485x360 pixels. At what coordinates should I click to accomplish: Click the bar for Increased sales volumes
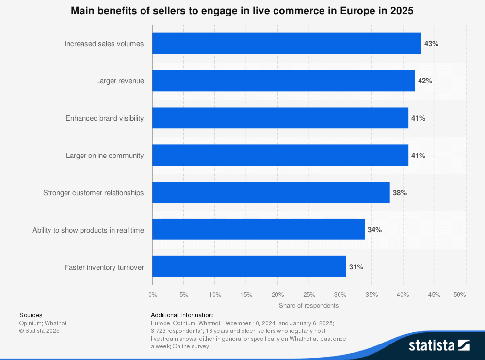tap(287, 44)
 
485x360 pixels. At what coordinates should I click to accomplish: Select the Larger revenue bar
tap(283, 81)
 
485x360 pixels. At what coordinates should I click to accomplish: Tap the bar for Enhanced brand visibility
tap(280, 118)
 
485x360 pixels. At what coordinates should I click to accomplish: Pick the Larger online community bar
tap(280, 156)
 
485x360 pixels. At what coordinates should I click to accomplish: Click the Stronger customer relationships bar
tap(271, 193)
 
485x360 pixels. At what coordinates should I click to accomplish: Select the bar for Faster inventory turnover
tap(249, 267)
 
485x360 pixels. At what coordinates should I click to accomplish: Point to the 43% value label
tap(431, 44)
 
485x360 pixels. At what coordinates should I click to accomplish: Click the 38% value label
tap(400, 193)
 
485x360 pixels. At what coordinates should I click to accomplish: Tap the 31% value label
tap(356, 267)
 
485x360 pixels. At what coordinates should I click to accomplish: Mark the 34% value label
tap(374, 230)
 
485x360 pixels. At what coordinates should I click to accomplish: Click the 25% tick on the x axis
tap(309, 295)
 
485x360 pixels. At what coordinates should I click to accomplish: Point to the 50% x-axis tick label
tap(459, 295)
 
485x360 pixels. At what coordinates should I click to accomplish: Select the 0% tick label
tap(153, 295)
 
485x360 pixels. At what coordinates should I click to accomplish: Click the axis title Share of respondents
tap(308, 306)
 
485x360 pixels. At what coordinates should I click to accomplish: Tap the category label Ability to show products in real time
tap(88, 230)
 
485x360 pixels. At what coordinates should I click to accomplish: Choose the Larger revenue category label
tap(120, 81)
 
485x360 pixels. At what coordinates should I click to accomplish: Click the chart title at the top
tap(242, 11)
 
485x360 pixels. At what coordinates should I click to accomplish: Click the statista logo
tap(439, 345)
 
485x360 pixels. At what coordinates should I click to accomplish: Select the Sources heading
tap(31, 315)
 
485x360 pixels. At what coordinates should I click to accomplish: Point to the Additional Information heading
tap(182, 315)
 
